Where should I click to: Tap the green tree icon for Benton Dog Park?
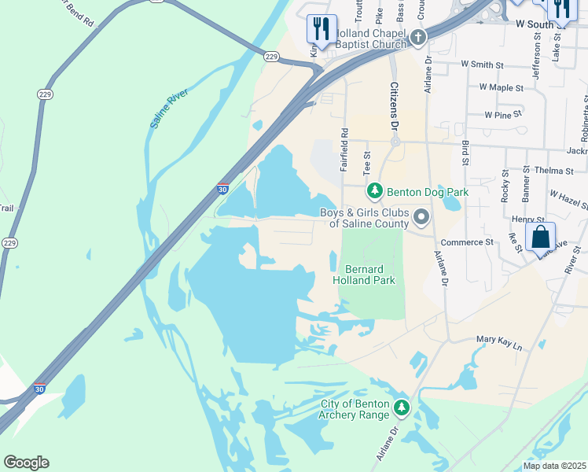coord(375,191)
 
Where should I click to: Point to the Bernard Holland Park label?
coord(363,274)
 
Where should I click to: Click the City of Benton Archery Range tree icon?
coord(402,407)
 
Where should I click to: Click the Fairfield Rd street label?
coord(344,150)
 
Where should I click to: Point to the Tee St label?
coord(366,164)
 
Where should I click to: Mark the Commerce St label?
coord(467,242)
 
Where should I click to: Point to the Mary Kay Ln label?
coord(499,340)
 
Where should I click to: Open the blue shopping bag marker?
coord(542,238)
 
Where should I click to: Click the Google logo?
coord(27,463)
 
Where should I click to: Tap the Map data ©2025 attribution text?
coord(553,466)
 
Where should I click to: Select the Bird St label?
coord(465,154)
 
